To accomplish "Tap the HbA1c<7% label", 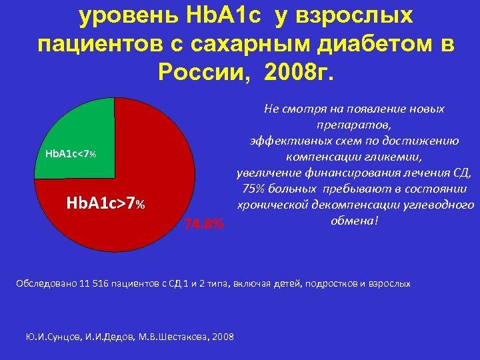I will tap(71, 154).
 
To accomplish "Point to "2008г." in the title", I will tap(301, 70).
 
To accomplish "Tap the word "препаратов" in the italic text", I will tap(353, 124).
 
